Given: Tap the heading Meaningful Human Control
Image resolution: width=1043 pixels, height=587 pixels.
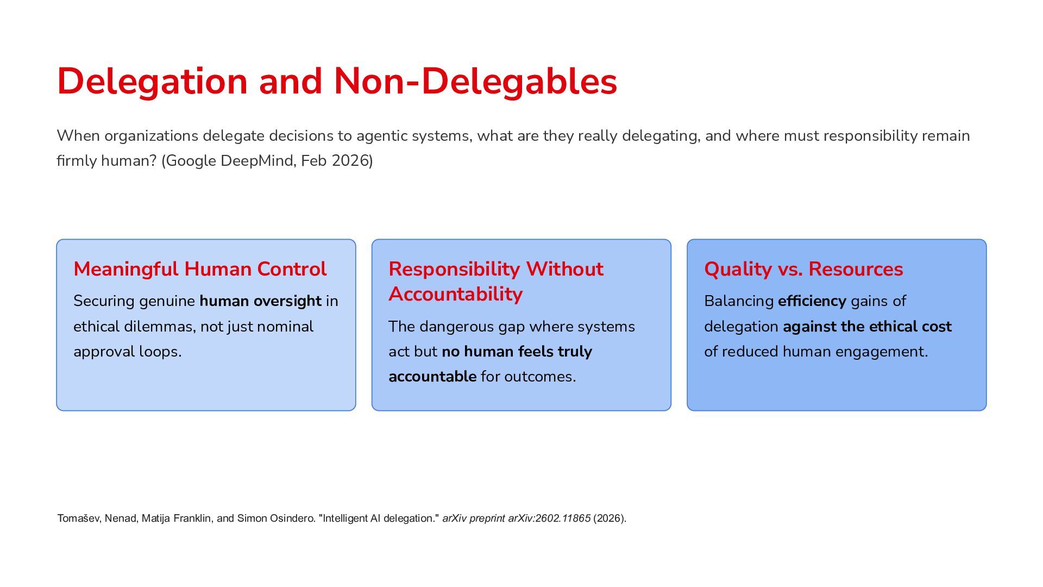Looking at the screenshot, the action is coord(200,270).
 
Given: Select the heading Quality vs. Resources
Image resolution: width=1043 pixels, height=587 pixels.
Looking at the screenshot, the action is coord(803,270).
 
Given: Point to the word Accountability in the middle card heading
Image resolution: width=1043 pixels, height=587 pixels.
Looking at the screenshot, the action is coord(455,294).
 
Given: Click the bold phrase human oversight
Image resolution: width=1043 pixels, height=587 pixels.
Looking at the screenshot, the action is coord(260,301).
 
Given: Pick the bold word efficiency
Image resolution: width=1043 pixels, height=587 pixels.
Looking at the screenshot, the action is coord(812,301).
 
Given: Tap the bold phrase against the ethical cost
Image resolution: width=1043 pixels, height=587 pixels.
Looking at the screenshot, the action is coord(867,327).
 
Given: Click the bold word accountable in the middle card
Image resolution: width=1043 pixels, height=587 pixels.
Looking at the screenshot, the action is coord(432,377).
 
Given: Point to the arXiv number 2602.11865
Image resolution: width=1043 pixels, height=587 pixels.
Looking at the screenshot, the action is coord(563,519).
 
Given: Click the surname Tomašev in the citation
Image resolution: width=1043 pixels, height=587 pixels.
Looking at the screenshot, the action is coord(79,519).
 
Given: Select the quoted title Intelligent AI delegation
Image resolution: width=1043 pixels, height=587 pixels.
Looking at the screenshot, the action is coord(379,519).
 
